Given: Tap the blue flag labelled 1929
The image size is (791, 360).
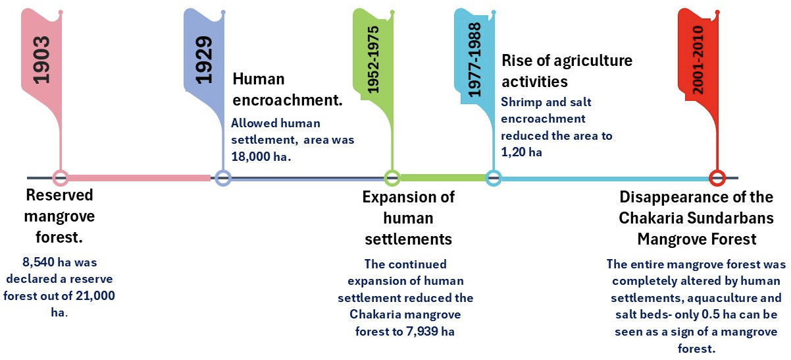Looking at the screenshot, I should pos(203,58).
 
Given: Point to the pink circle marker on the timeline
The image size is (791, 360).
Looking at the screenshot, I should pos(61,177).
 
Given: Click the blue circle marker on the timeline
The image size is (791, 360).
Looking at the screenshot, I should pos(222,177).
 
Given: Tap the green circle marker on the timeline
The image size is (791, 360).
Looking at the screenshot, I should pos(392,177).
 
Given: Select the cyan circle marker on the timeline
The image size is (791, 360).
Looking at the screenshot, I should pos(494,177).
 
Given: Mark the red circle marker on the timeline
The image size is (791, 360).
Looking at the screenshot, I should pos(717,177).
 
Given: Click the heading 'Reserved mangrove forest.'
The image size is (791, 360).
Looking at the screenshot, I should pos(60,216).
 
